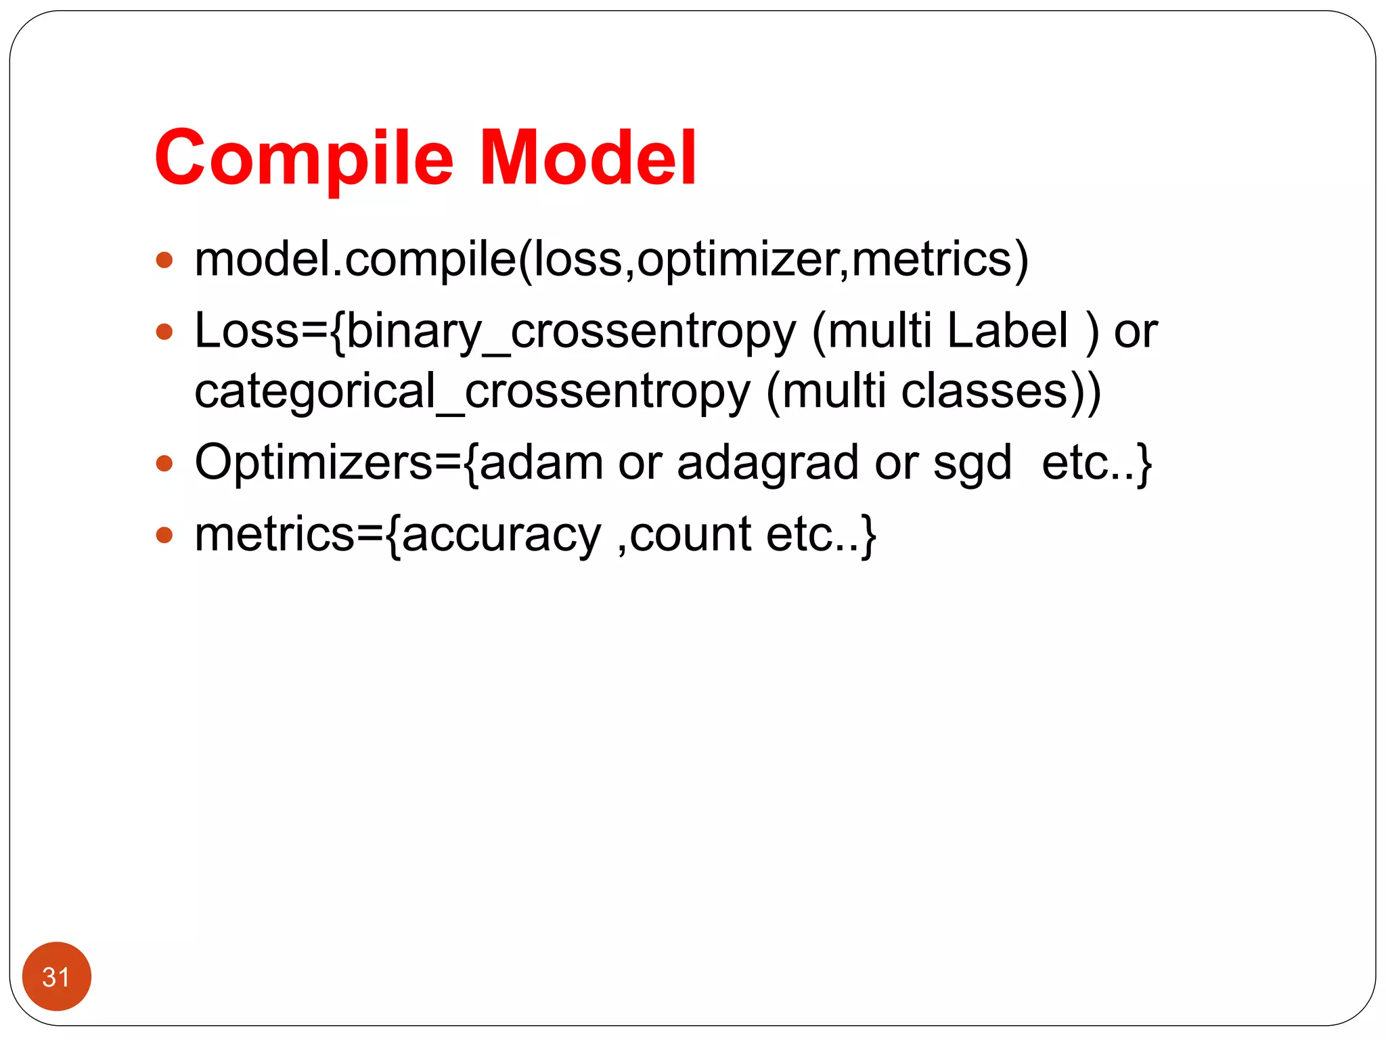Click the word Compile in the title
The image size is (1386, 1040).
tap(304, 158)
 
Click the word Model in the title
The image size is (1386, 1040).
tap(587, 158)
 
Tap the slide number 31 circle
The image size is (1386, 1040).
tap(57, 976)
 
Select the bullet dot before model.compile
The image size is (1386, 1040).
tap(164, 261)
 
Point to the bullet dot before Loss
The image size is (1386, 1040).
tap(164, 332)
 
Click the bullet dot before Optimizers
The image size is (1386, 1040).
tap(164, 464)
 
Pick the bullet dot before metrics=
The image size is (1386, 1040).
tap(164, 536)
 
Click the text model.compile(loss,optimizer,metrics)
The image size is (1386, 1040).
tap(611, 259)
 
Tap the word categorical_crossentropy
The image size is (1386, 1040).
tap(472, 391)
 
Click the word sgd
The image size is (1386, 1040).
tap(972, 465)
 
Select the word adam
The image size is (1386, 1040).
tap(541, 464)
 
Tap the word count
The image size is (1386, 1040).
tap(690, 535)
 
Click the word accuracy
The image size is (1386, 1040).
tap(501, 536)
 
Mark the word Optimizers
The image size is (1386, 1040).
tap(313, 464)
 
